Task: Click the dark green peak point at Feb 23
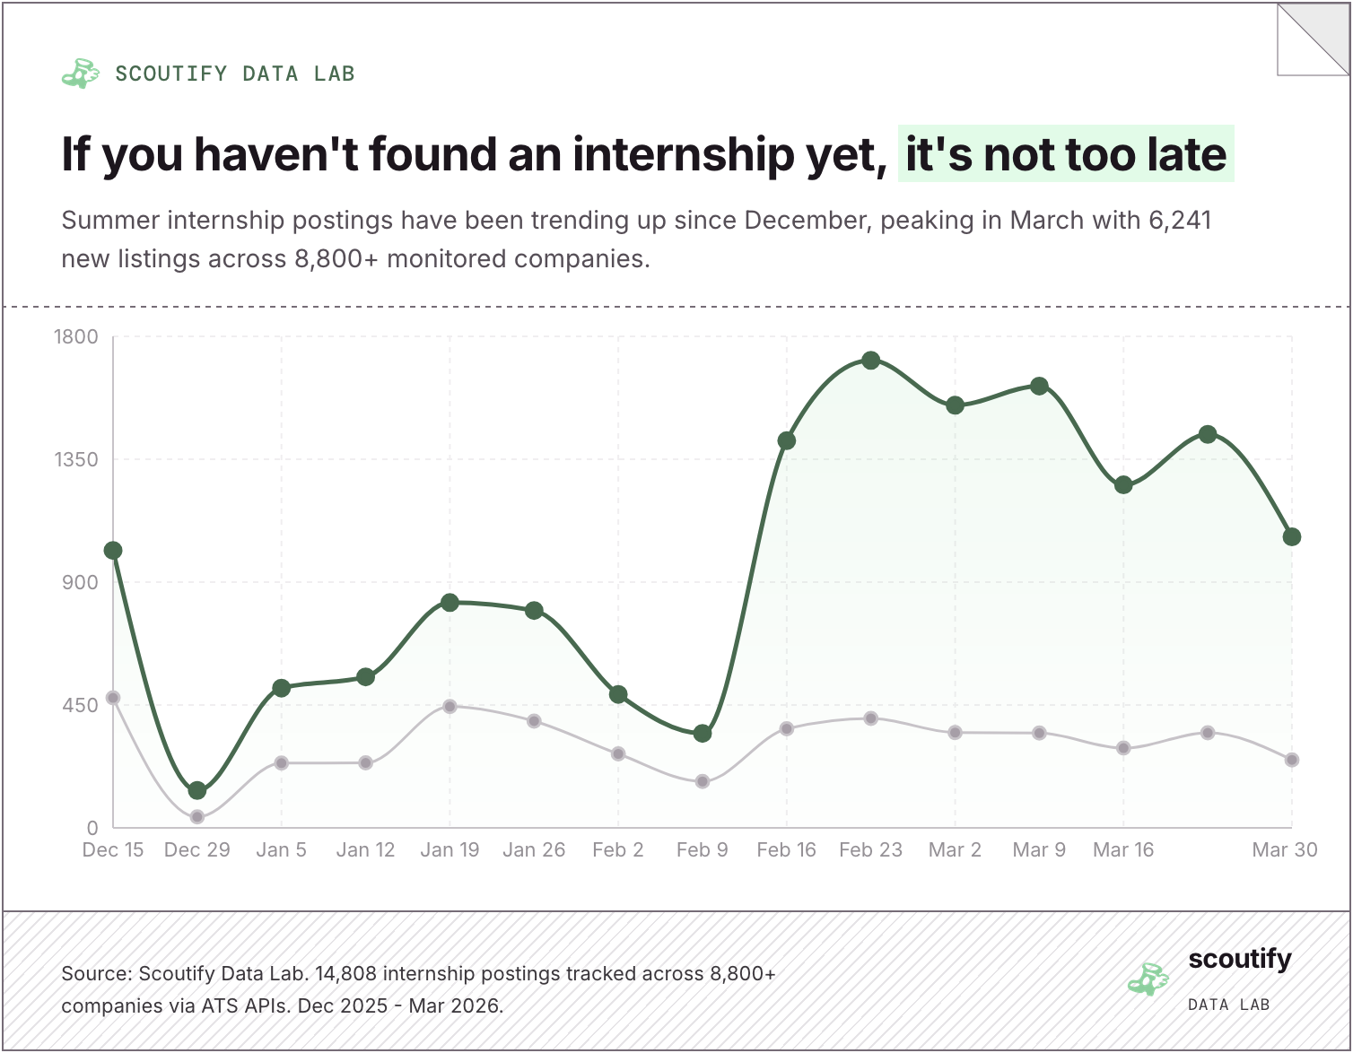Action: pos(870,361)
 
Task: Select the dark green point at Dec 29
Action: pos(197,790)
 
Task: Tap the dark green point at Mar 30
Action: pos(1291,537)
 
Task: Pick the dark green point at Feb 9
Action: pos(703,734)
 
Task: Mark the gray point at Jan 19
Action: pos(450,707)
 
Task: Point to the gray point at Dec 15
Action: pos(113,698)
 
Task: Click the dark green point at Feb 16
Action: pos(787,440)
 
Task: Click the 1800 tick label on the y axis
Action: pos(76,337)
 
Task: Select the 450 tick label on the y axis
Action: pos(80,706)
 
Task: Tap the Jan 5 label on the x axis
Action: pos(281,850)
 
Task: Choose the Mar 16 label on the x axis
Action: pos(1123,850)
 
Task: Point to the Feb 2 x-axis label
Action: pos(618,850)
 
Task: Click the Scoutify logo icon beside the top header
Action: pos(80,74)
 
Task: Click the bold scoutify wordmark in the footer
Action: pos(1240,960)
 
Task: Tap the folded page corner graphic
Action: pos(1312,40)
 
